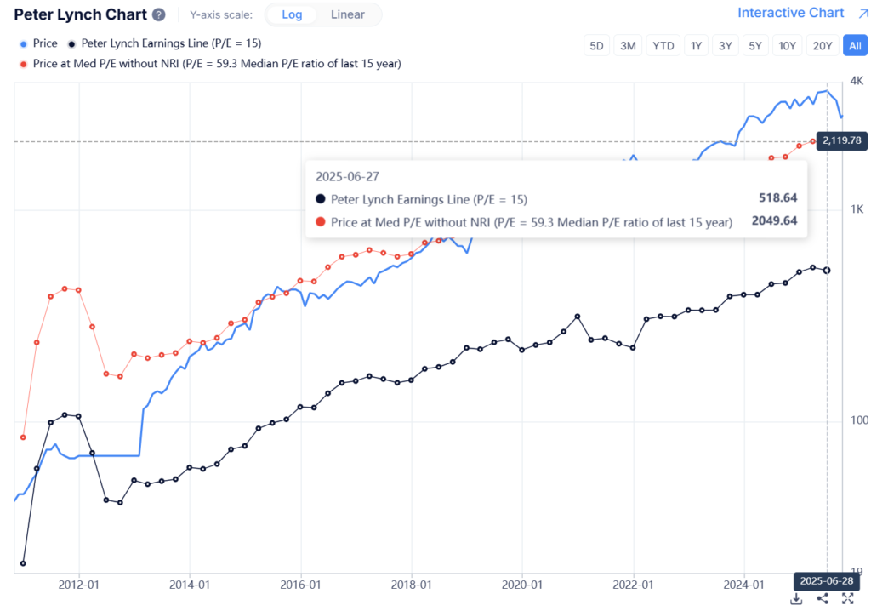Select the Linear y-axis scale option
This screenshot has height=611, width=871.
pyautogui.click(x=347, y=14)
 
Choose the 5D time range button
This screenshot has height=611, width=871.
pyautogui.click(x=597, y=46)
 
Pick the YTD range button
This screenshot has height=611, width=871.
pyautogui.click(x=663, y=46)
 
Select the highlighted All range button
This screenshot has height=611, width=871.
pyautogui.click(x=854, y=46)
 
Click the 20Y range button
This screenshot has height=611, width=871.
pyautogui.click(x=822, y=46)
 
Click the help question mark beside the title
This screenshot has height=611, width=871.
pyautogui.click(x=159, y=15)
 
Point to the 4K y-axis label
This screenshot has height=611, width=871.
pyautogui.click(x=857, y=81)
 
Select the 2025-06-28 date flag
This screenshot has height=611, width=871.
pyautogui.click(x=826, y=580)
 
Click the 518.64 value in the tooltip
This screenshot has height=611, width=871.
pyautogui.click(x=777, y=198)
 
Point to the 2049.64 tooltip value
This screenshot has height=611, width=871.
pyautogui.click(x=774, y=221)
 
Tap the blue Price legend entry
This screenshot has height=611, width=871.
pyautogui.click(x=39, y=43)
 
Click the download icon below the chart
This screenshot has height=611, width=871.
pyautogui.click(x=796, y=598)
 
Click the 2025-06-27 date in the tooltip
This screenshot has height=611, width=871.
pyautogui.click(x=346, y=176)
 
